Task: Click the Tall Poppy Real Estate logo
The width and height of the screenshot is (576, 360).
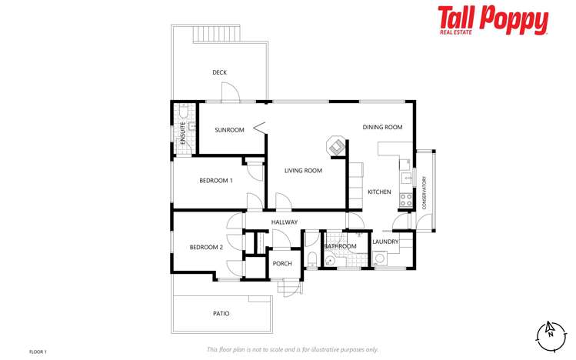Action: tap(493, 21)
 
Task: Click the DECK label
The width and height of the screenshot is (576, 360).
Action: tap(220, 72)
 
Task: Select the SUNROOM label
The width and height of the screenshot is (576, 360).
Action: tap(229, 130)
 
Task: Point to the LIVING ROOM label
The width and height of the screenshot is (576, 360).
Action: tap(303, 171)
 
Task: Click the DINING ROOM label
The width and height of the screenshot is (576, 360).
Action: tap(383, 127)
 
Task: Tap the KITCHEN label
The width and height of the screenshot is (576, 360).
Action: tap(379, 192)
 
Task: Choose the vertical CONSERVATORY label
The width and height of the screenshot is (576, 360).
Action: tap(424, 193)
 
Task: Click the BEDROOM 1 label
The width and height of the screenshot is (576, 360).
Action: tap(216, 180)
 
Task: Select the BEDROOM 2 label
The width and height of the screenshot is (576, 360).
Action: tap(206, 247)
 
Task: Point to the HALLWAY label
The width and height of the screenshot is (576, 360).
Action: tap(284, 222)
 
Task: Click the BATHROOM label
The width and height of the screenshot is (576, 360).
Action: tap(340, 246)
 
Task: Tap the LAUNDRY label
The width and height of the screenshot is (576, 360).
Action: tap(385, 242)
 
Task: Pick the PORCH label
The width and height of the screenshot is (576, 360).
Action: tap(282, 263)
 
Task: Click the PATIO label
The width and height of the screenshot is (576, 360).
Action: tap(221, 313)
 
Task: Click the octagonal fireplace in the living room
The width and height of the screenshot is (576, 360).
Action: tap(335, 145)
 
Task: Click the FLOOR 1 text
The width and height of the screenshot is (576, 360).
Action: tap(38, 352)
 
